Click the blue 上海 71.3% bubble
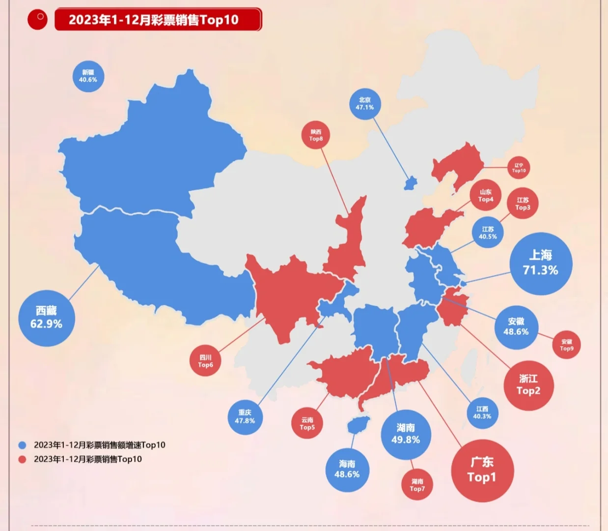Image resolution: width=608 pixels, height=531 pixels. pos(541,264)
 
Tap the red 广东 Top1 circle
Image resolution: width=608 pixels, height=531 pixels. pos(482,470)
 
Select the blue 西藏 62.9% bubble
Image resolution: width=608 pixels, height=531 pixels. pos(47,318)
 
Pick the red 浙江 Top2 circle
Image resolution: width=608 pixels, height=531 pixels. pos(528,385)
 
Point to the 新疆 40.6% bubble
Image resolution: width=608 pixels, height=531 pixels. pos(88,76)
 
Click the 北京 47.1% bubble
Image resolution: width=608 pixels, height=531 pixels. pos(365,104)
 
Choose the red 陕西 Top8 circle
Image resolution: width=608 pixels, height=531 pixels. pos(316,135)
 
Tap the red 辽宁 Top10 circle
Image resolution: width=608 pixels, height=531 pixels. pos(519,168)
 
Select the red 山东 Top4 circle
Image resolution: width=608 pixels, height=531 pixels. pos(486,196)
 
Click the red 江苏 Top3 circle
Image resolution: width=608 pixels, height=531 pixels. pos(523,204)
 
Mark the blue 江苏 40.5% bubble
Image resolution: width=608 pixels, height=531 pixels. pos(488,233)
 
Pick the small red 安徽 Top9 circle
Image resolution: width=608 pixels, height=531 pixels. pos(566,345)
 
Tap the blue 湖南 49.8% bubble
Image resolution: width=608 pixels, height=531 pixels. pos(406,434)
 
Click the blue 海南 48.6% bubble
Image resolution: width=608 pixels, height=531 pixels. pos(347,470)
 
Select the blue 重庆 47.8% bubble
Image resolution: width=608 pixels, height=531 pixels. pos(245,417)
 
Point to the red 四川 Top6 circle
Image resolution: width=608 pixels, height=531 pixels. pos(206,361)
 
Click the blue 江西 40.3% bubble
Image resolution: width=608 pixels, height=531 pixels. pos(482,413)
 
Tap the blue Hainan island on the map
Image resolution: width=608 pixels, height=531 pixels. pos(358,424)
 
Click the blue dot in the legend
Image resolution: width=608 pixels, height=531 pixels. pos(22,445)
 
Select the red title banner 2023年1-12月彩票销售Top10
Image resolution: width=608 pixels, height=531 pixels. pos(158,20)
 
